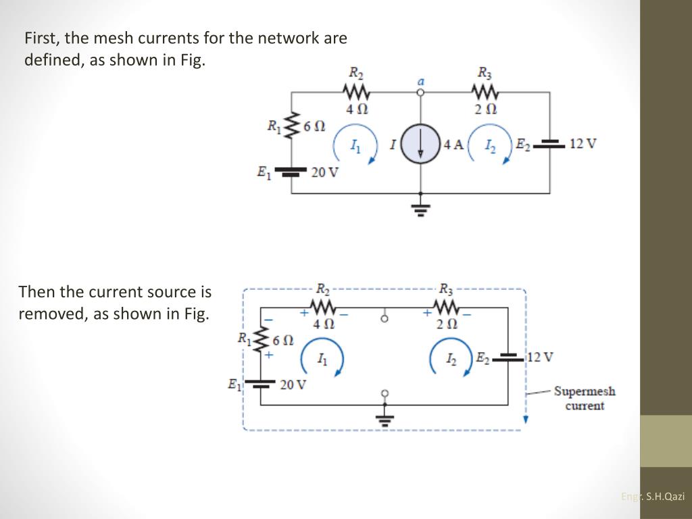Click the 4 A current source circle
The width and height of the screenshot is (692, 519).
point(420,145)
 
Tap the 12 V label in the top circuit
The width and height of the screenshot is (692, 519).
point(583,143)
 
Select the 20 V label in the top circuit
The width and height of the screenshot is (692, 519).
point(324,172)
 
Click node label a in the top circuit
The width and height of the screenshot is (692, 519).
point(420,80)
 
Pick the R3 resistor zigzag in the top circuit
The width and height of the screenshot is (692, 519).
point(485,91)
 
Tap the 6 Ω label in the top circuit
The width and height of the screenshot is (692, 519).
point(314,126)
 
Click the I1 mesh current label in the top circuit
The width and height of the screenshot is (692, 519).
point(355,145)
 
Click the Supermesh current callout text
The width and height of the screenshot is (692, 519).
point(585,398)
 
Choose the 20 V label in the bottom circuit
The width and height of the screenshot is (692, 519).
point(293,385)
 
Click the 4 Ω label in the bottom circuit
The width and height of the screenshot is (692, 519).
point(324,324)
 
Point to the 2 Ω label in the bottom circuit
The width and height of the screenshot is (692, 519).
point(447,324)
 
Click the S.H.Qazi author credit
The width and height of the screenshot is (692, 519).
point(665,496)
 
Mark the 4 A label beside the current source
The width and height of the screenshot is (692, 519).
point(453,144)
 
